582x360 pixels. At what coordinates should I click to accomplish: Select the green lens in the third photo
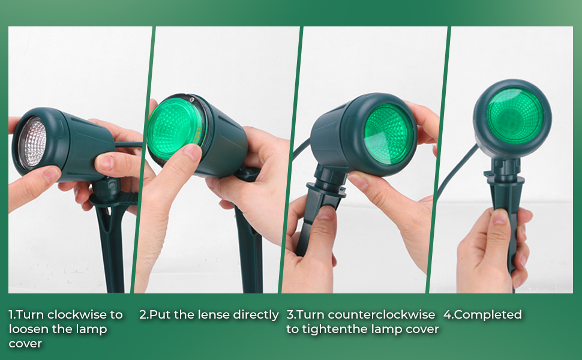tap(388, 133)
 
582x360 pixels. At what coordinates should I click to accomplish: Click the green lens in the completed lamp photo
tap(514, 115)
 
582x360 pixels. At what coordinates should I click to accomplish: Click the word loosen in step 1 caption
tap(28, 329)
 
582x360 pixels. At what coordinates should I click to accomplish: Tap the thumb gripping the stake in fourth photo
tap(499, 217)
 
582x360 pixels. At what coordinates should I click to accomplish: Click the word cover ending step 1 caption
tap(24, 343)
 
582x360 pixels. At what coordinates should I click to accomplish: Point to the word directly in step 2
tap(256, 314)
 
